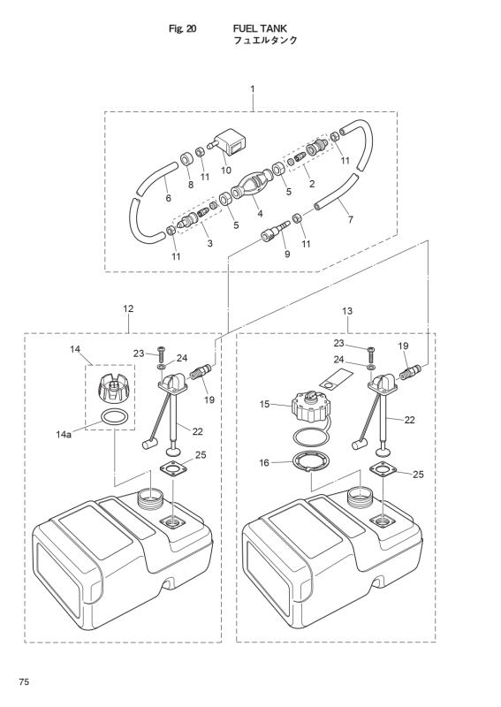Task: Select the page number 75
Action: coord(25,682)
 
